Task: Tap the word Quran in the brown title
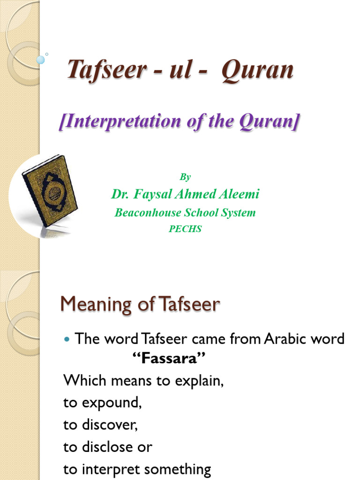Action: point(257,71)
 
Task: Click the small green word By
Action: point(185,177)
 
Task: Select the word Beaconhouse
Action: point(148,213)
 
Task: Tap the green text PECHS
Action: point(185,230)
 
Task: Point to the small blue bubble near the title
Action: point(40,60)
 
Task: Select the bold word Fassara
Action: point(167,360)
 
